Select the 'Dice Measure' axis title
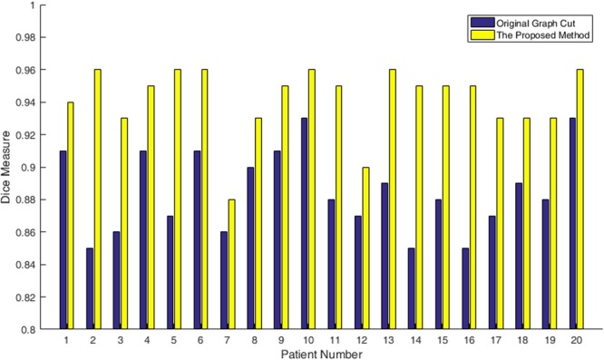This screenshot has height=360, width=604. coord(8,167)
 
